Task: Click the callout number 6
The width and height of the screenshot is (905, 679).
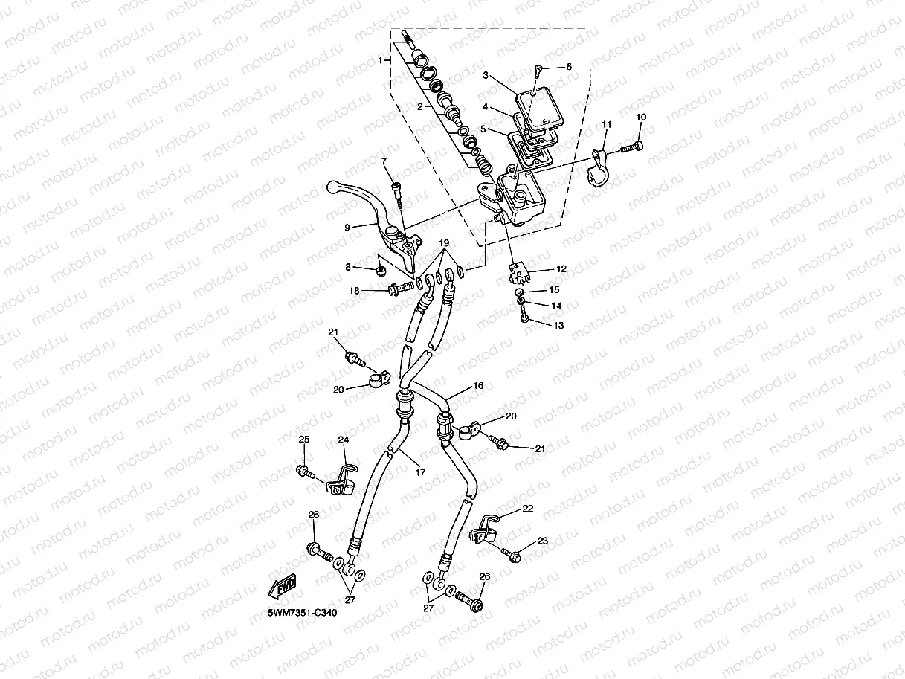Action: point(569,67)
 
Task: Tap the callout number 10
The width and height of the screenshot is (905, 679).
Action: point(641,118)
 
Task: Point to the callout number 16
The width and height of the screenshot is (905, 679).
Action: point(478,387)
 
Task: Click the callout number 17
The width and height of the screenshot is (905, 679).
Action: point(420,472)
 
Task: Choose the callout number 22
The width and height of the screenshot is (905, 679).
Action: point(528,509)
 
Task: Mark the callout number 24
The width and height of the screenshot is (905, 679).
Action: point(344,440)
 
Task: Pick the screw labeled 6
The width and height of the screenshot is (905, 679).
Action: point(537,71)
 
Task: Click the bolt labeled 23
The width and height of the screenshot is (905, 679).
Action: point(511,554)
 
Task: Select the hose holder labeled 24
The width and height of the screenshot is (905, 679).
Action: point(340,481)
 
